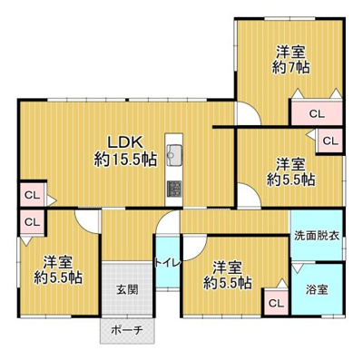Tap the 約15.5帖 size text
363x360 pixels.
(125, 160)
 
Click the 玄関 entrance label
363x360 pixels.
(126, 290)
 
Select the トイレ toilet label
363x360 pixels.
(167, 263)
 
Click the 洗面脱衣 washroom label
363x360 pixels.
(316, 236)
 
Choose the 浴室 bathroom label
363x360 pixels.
(317, 290)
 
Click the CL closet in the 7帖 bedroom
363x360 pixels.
(316, 114)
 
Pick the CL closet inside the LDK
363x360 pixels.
(31, 195)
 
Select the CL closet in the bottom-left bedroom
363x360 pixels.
(31, 220)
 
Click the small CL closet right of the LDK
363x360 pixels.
(329, 141)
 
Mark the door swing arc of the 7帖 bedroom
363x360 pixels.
(247, 113)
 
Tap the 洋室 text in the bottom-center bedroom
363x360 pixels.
(227, 267)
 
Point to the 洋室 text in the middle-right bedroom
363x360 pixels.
(291, 163)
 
